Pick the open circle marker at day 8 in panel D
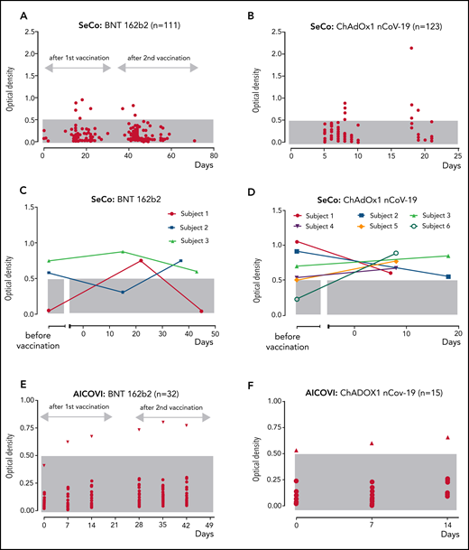395,254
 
